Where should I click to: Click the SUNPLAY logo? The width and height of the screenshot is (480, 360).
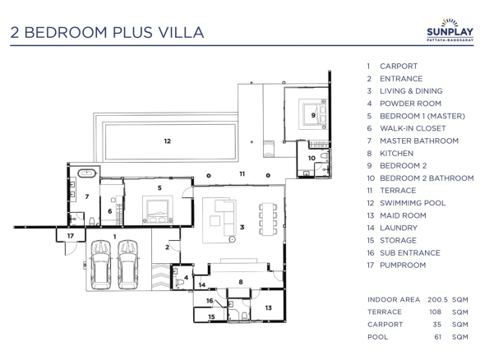[450, 30]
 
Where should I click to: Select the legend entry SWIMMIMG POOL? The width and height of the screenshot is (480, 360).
[413, 203]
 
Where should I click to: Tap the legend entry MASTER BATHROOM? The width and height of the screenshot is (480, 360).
[419, 141]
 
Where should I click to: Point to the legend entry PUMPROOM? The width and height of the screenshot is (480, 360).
[403, 265]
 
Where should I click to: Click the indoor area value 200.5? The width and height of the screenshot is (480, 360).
[437, 300]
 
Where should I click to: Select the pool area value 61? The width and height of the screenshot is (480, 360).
[438, 337]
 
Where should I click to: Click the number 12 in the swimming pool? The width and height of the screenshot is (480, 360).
[167, 141]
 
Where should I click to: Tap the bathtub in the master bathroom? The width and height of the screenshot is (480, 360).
[87, 173]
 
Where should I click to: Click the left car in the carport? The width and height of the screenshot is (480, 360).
[101, 265]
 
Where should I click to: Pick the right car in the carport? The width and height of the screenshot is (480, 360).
[128, 265]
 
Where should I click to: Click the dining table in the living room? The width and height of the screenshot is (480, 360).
[268, 219]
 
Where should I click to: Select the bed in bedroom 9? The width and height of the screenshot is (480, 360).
[312, 114]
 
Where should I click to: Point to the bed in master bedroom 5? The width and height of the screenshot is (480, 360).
[157, 210]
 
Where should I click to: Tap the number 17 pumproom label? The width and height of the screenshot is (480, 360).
[71, 236]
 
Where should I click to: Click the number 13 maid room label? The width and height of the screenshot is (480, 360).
[269, 307]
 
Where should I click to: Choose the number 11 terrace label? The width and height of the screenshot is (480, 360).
[242, 174]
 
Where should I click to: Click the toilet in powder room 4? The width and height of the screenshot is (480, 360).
[179, 282]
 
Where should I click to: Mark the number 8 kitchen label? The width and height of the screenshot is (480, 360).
[241, 282]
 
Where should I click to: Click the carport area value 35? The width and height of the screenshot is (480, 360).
[437, 325]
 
